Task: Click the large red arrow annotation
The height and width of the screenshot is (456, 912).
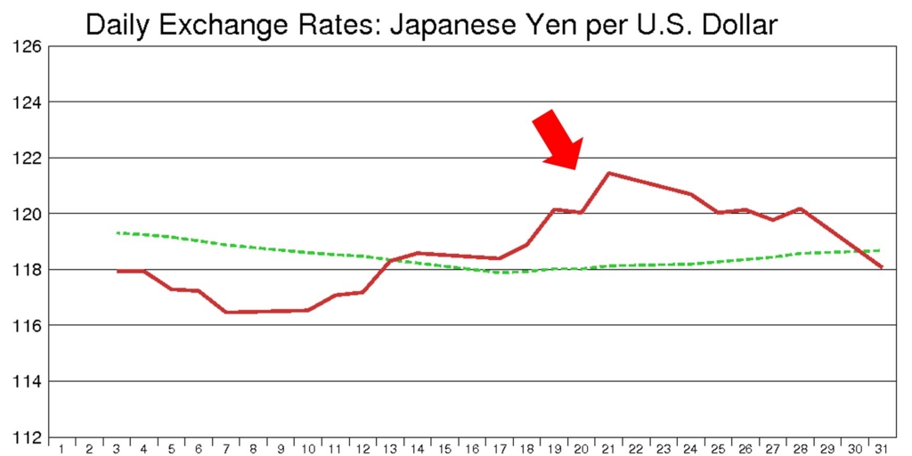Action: point(558,140)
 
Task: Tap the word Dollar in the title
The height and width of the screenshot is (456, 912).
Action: point(740,25)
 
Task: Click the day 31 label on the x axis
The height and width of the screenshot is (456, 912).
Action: point(883,450)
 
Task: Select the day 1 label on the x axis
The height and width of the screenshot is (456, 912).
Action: point(62,450)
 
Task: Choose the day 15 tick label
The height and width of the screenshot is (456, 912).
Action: point(445,450)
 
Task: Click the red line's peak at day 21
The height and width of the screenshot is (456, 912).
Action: point(608,173)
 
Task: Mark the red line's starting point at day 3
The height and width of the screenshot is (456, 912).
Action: point(118,271)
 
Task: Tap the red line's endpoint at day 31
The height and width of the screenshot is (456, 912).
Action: point(882,267)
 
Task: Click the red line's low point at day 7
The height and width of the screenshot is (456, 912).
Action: point(226,313)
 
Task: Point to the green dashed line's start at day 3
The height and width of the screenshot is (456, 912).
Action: point(118,232)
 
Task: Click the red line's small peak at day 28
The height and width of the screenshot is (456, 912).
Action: point(801,208)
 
